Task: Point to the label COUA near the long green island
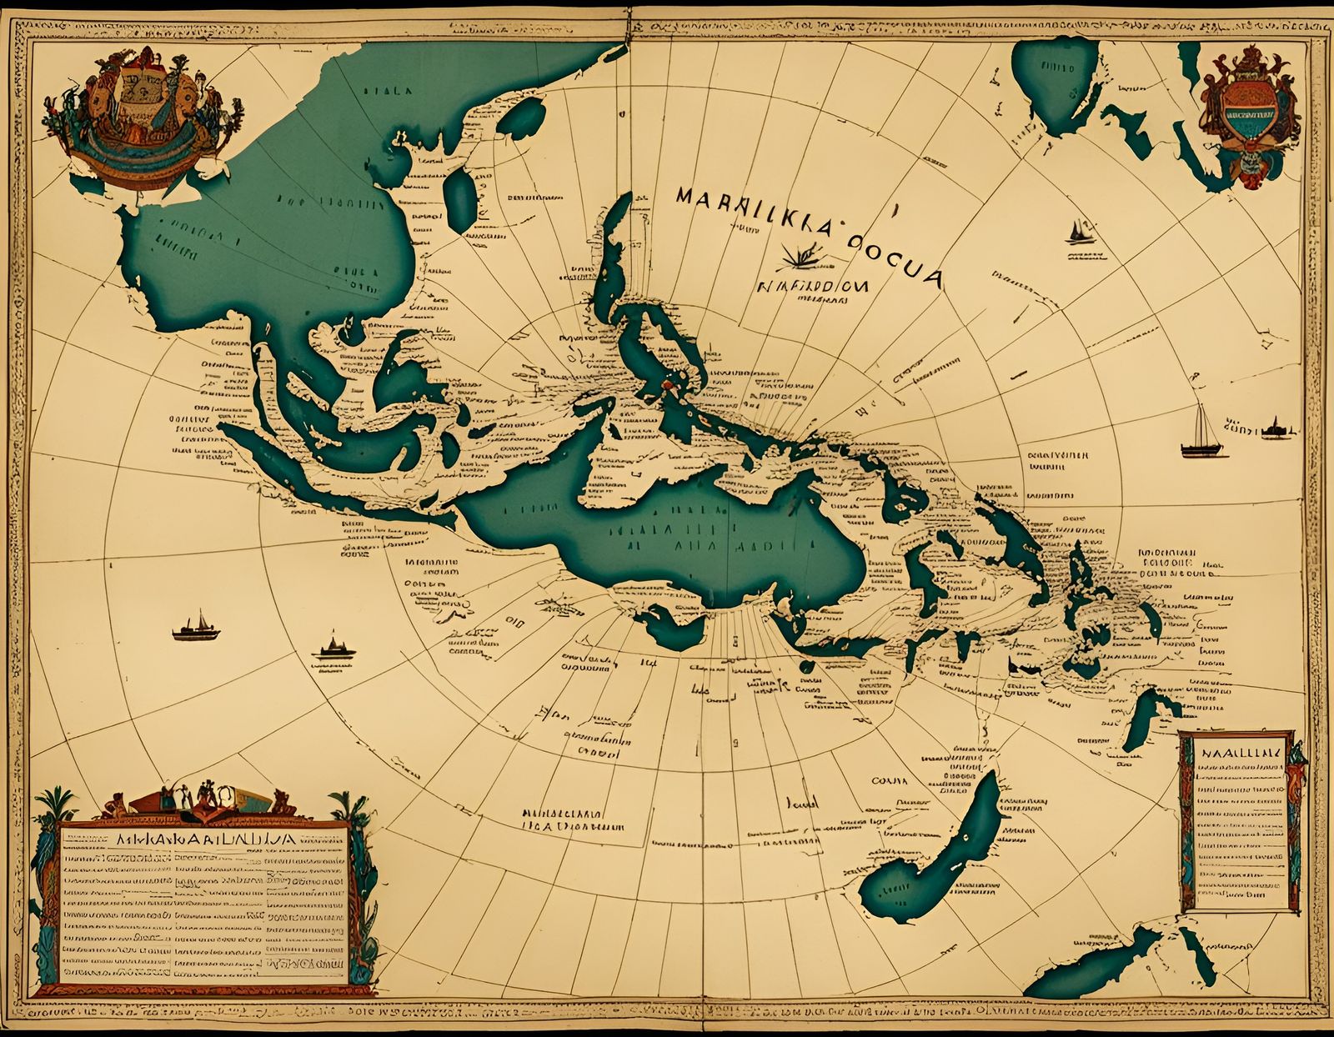(889, 781)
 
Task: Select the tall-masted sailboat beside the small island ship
(1201, 433)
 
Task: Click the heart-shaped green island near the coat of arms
(1055, 83)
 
